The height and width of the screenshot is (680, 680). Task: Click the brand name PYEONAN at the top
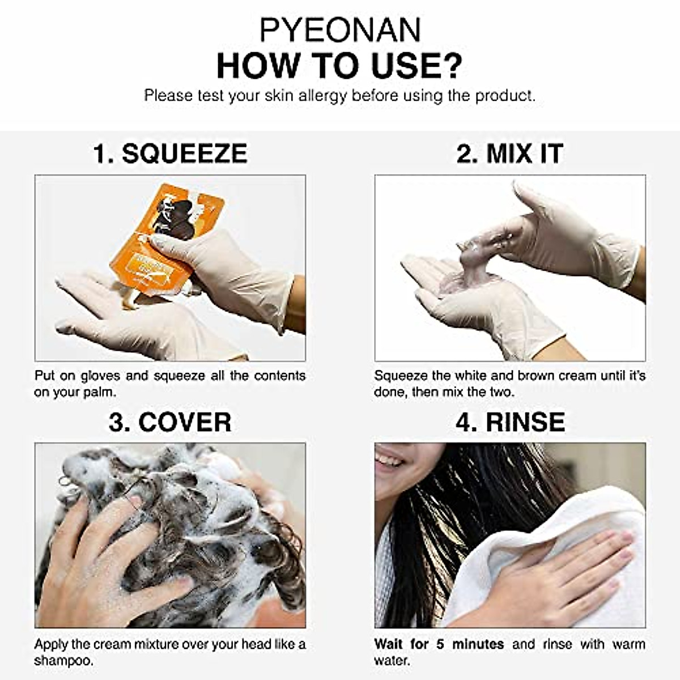click(340, 29)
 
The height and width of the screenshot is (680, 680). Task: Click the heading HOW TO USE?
click(340, 65)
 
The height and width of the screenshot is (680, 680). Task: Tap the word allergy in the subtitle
click(322, 96)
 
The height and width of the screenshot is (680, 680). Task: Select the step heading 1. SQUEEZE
click(170, 154)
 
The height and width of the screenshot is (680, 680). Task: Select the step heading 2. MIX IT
click(509, 154)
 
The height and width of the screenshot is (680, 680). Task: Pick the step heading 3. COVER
click(170, 422)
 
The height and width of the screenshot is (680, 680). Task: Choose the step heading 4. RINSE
click(509, 422)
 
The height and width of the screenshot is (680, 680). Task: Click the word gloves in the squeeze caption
click(100, 376)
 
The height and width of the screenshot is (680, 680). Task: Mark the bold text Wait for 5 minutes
click(439, 644)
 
